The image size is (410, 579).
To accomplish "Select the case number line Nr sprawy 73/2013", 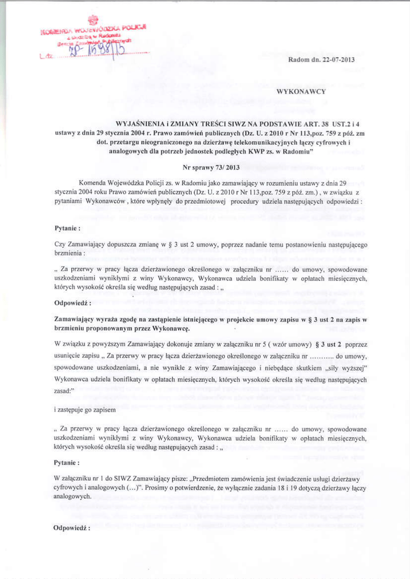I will click(x=204, y=168).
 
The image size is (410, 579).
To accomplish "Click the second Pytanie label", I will click(x=67, y=463).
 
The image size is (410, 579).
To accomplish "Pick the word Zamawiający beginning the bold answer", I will click(x=76, y=320).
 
